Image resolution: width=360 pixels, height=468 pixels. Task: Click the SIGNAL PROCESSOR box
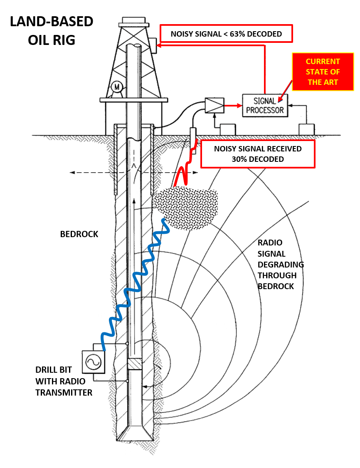pyautogui.click(x=265, y=105)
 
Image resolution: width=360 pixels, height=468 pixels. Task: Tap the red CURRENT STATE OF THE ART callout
pyautogui.click(x=323, y=72)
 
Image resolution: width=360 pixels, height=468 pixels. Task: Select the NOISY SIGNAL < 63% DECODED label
pyautogui.click(x=226, y=34)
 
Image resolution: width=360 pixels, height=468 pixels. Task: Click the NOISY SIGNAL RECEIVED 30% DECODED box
pyautogui.click(x=258, y=154)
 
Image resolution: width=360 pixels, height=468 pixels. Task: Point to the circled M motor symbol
pyautogui.click(x=117, y=87)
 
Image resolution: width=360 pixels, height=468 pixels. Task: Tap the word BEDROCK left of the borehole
pyautogui.click(x=79, y=234)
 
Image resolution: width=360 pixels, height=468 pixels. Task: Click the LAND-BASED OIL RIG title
pyautogui.click(x=52, y=31)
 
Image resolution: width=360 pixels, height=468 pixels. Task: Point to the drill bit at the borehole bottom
pyautogui.click(x=134, y=433)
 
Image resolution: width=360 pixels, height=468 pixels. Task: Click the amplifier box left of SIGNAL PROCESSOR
pyautogui.click(x=215, y=105)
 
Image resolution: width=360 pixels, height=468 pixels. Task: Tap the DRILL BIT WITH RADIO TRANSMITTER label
pyautogui.click(x=64, y=381)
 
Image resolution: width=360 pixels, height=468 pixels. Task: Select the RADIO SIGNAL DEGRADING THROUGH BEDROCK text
pyautogui.click(x=281, y=264)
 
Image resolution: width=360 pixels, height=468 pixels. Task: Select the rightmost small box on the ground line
pyautogui.click(x=307, y=129)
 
